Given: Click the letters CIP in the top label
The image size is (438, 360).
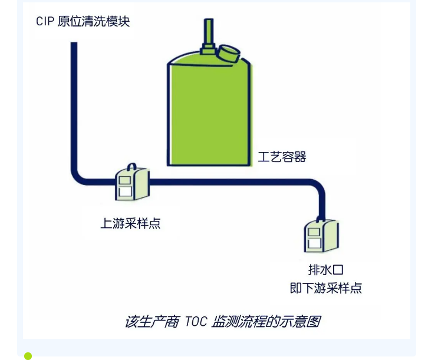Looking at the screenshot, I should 45,22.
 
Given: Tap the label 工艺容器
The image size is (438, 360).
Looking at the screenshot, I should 282,157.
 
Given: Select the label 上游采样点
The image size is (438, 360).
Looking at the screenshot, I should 130,223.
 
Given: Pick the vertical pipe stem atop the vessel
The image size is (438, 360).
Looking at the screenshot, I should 208,31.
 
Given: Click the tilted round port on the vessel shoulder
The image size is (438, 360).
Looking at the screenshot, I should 228,53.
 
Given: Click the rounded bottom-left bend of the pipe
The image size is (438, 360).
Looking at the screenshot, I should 80,176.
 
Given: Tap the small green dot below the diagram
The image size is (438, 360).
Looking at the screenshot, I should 28,355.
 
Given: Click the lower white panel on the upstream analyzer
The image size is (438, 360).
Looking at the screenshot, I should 126,191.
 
